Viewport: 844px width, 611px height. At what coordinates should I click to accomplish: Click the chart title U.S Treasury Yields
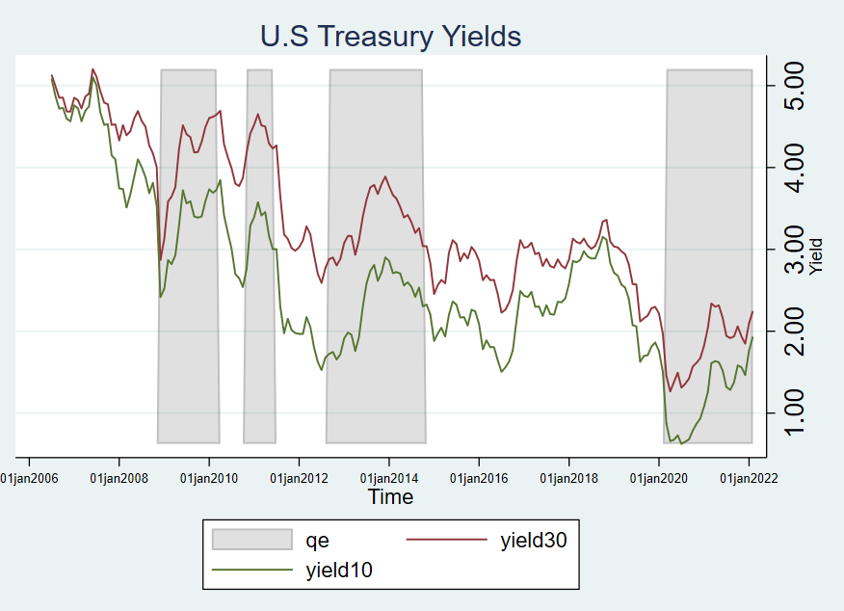(x=390, y=37)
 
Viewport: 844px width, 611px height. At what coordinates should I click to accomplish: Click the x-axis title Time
(x=390, y=497)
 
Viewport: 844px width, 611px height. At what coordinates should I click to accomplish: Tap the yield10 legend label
(x=339, y=571)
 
